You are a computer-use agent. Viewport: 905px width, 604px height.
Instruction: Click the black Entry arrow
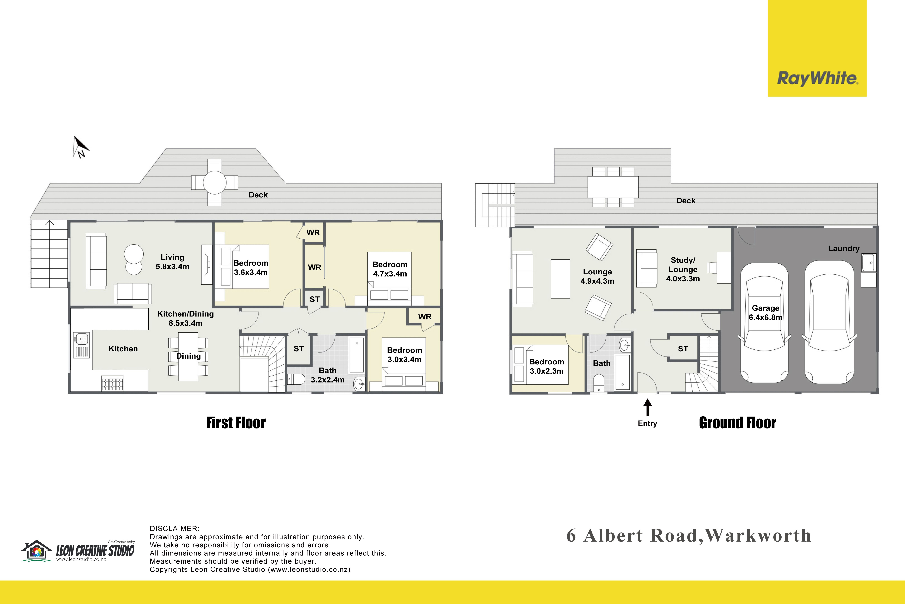[x=648, y=407]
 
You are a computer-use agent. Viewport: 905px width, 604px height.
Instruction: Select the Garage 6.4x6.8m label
[x=765, y=313]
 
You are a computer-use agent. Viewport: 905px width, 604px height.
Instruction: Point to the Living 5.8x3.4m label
[x=172, y=262]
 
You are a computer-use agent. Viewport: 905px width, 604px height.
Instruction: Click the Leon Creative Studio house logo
[x=37, y=550]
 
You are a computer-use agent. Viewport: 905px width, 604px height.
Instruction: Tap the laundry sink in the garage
[x=868, y=263]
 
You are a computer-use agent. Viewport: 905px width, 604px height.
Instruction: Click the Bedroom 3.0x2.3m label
[x=546, y=366]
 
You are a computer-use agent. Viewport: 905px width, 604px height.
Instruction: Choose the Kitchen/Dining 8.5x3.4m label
[x=185, y=319]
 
